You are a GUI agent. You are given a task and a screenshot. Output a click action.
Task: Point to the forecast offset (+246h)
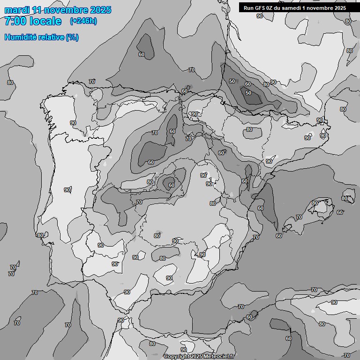[x=83, y=21]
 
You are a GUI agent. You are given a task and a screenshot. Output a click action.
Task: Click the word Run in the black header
[x=248, y=8]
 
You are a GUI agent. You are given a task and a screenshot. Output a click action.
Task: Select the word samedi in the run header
[x=295, y=8]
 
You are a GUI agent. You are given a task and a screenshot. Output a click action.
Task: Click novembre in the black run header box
[x=324, y=8]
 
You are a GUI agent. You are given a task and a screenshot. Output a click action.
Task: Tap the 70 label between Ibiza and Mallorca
[x=299, y=217]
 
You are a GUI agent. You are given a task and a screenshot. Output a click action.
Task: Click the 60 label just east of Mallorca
[x=340, y=212]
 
